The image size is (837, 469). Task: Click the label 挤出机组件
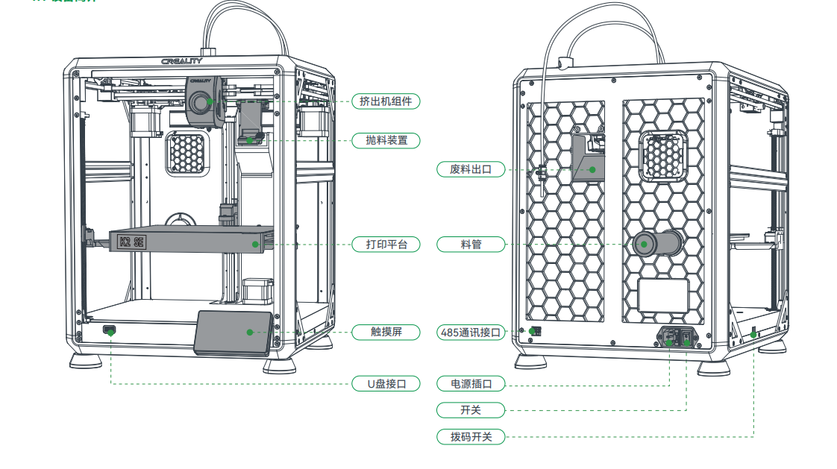coord(386,101)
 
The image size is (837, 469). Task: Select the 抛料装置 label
coord(386,140)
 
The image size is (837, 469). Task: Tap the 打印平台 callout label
coord(386,244)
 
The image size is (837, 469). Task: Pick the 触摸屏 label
coord(386,332)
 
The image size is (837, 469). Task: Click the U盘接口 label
coord(386,384)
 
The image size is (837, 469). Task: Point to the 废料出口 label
coord(471,169)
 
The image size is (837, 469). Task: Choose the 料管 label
coord(471,244)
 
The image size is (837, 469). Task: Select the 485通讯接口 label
coord(471,333)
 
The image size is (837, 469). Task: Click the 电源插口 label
coord(471,384)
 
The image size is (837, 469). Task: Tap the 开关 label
coord(471,410)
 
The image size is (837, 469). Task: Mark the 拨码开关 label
coord(471,436)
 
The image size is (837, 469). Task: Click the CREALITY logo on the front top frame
coord(181,62)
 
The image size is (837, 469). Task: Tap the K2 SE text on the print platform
coord(132,242)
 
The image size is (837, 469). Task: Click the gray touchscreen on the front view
coord(233,332)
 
